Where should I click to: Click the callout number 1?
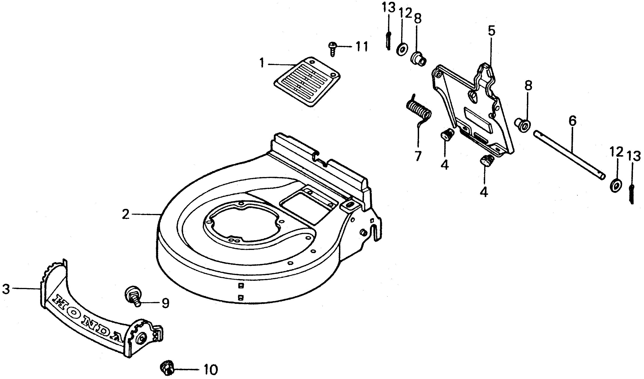(262, 63)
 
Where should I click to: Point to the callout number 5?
(491, 31)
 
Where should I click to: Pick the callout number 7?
(418, 156)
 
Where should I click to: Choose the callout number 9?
(166, 303)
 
